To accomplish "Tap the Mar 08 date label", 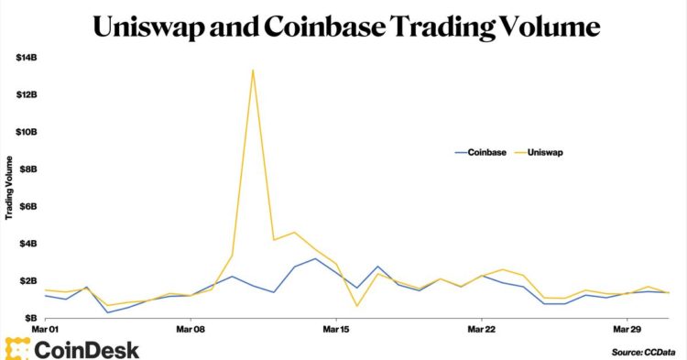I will (190, 327).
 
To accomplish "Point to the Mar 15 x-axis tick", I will (336, 327).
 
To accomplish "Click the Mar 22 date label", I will (482, 327).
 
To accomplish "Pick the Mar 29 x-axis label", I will (627, 327).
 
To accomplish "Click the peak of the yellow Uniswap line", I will (253, 70).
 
